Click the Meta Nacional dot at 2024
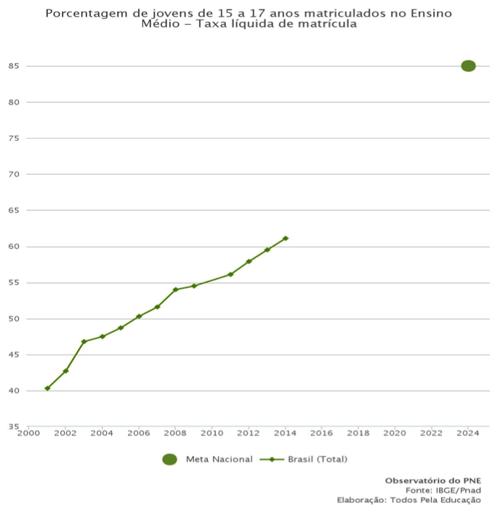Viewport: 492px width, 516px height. (x=468, y=66)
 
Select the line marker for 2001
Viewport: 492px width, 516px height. (x=47, y=388)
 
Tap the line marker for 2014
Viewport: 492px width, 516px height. (x=286, y=238)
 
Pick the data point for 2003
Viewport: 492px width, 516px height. (x=84, y=342)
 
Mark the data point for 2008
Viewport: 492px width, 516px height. (x=175, y=290)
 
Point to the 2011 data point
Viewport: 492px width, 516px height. (x=230, y=274)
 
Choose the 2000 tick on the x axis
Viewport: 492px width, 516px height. (x=28, y=433)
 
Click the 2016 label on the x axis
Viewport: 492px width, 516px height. (x=321, y=433)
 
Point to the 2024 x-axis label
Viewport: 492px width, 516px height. (x=468, y=433)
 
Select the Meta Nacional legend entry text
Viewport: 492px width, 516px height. (x=219, y=459)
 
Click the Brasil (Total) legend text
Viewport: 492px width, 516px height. (x=318, y=459)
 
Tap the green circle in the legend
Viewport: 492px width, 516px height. (x=170, y=459)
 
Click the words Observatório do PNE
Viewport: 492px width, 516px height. (x=432, y=480)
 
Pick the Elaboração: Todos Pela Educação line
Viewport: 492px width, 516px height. (x=408, y=499)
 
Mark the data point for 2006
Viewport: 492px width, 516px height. (x=139, y=316)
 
